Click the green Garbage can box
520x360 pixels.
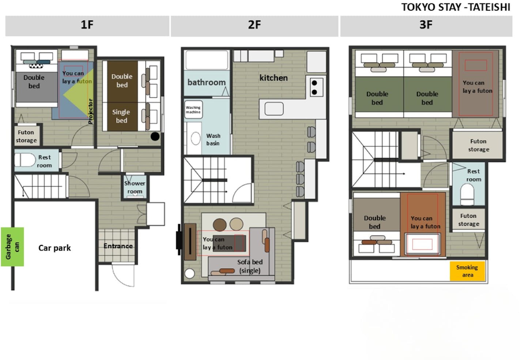click(x=12, y=247)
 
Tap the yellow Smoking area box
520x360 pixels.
click(x=467, y=271)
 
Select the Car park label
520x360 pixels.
click(x=54, y=248)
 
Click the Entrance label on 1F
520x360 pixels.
click(x=118, y=246)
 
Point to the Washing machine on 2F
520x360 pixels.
click(x=193, y=110)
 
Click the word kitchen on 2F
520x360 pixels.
click(x=274, y=78)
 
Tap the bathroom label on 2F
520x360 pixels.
click(x=206, y=82)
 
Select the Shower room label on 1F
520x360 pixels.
click(x=135, y=187)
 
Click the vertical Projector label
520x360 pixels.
click(x=91, y=111)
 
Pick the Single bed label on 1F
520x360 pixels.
click(x=121, y=116)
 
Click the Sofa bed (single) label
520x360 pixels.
click(x=250, y=266)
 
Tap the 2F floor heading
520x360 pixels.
click(x=255, y=25)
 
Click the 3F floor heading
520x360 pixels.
click(x=426, y=25)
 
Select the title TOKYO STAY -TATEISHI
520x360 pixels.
click(x=456, y=7)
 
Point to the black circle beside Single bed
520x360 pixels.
click(x=155, y=136)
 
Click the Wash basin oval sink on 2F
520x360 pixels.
click(x=196, y=138)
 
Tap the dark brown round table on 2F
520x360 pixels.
click(x=220, y=225)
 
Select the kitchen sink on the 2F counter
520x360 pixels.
click(x=274, y=109)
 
